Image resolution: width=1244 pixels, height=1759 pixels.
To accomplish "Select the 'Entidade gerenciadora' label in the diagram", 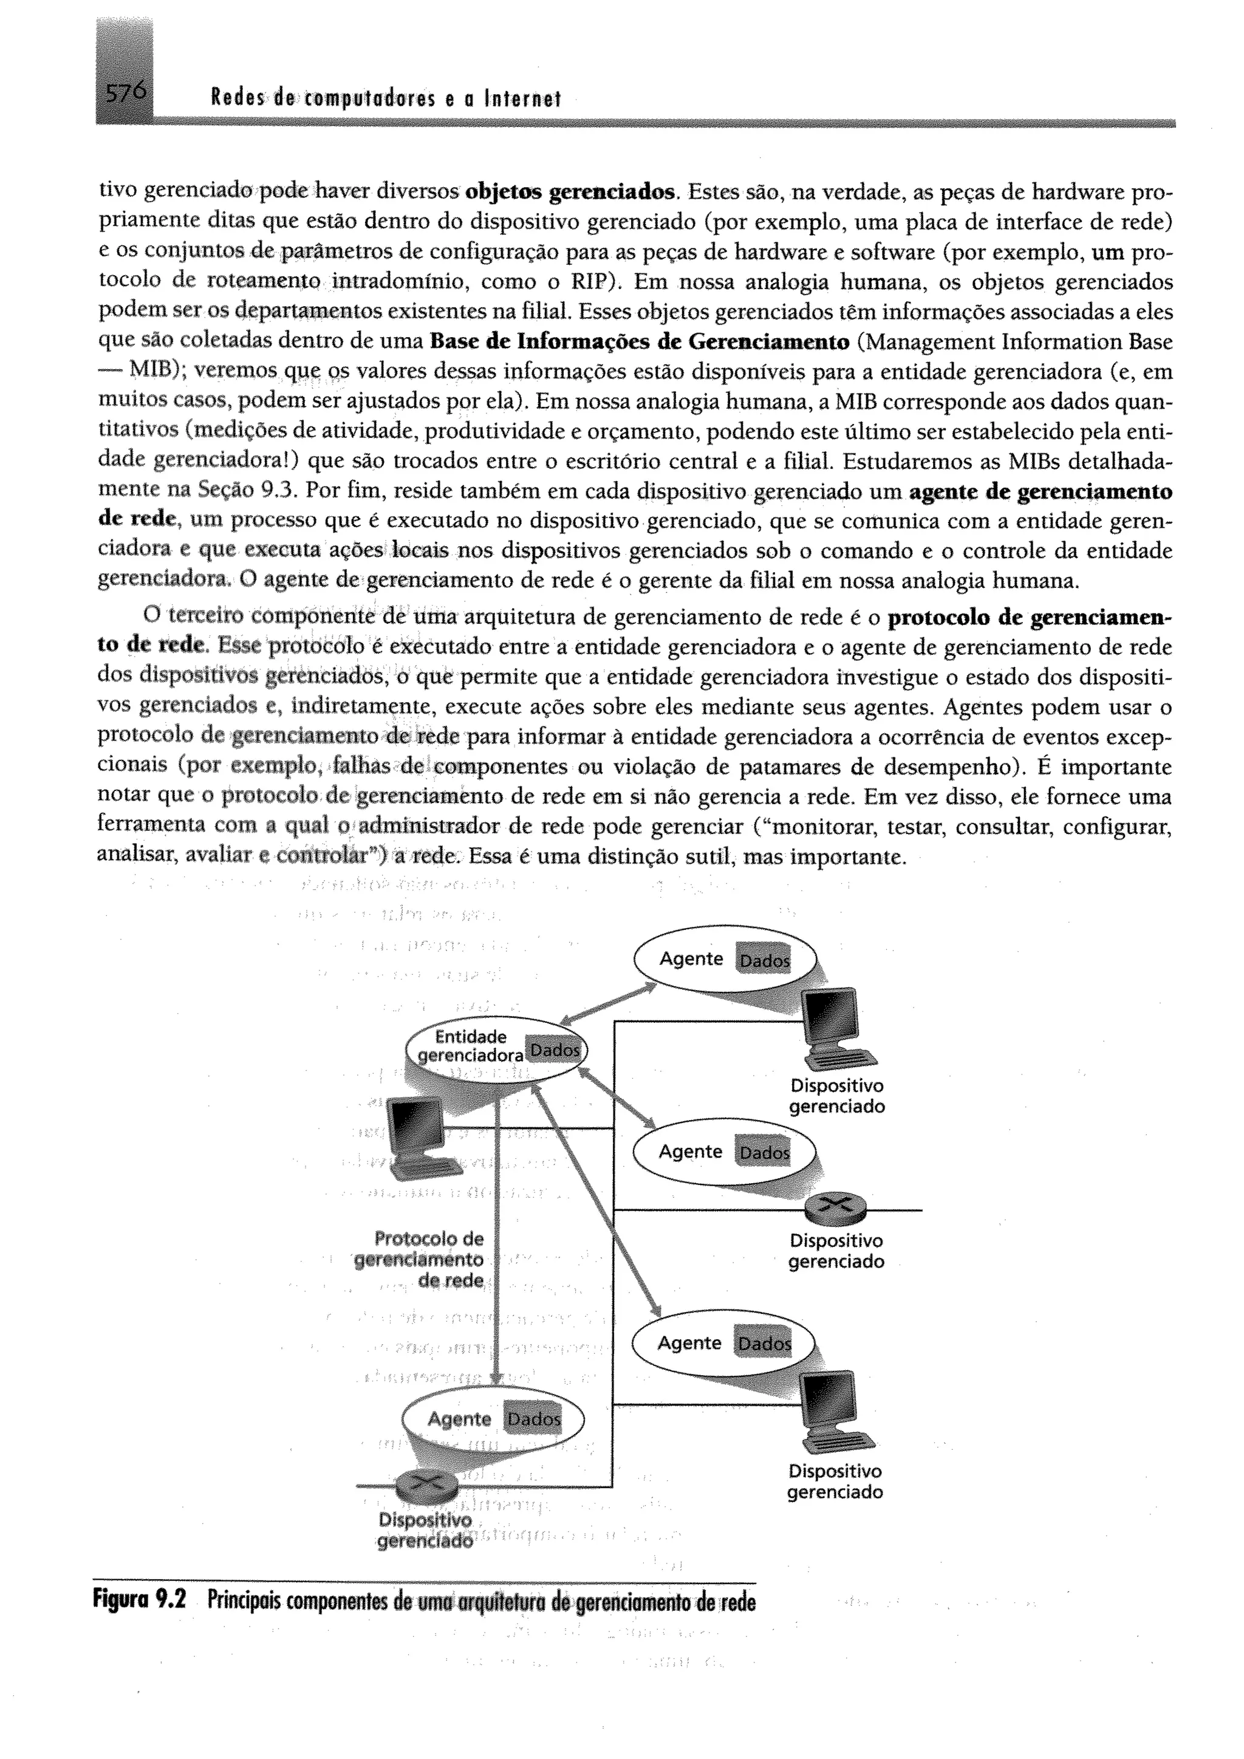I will (x=470, y=1047).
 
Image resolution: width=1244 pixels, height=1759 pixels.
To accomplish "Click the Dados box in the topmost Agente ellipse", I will (x=762, y=961).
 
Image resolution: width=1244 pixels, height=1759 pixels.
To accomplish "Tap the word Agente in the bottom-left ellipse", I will (x=459, y=1419).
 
